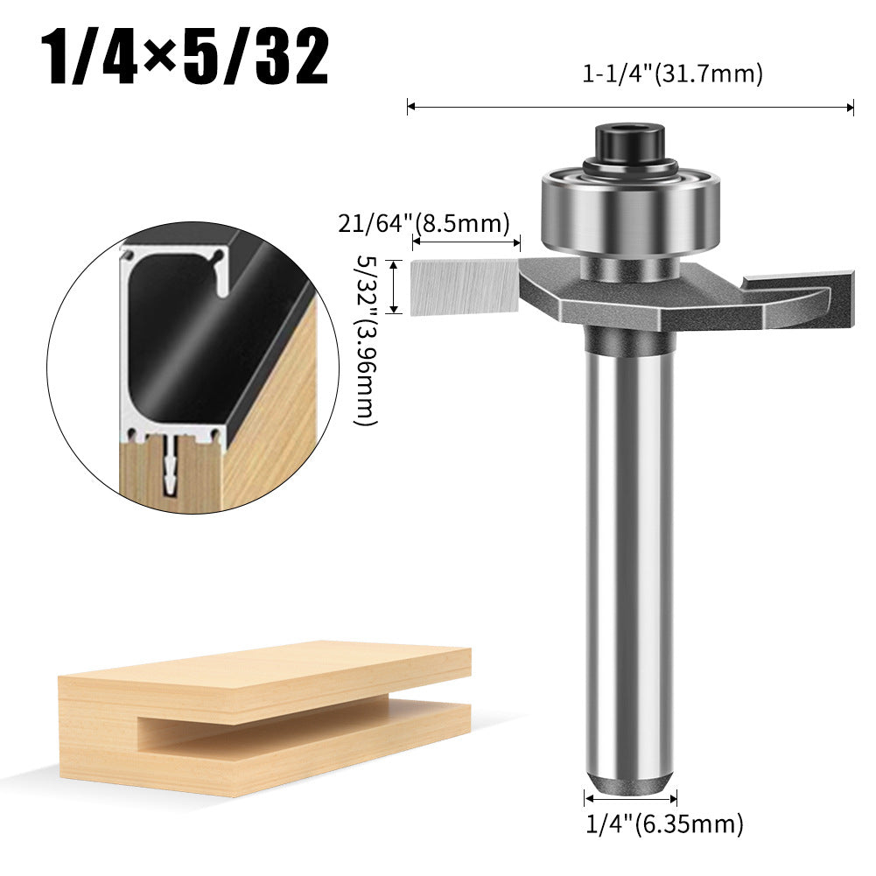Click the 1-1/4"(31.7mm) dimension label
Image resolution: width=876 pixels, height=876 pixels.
click(672, 74)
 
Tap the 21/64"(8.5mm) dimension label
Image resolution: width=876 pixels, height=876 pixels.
click(424, 224)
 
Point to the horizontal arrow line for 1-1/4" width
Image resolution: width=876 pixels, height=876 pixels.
click(630, 107)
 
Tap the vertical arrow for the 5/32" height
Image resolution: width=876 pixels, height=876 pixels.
click(396, 286)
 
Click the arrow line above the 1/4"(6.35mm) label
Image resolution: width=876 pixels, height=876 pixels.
click(630, 797)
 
